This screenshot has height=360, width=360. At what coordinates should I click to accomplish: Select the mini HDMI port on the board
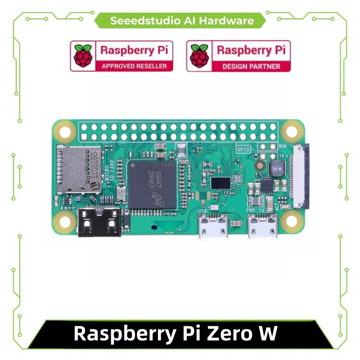(99, 223)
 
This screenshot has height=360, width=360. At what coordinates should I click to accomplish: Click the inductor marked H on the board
(275, 169)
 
